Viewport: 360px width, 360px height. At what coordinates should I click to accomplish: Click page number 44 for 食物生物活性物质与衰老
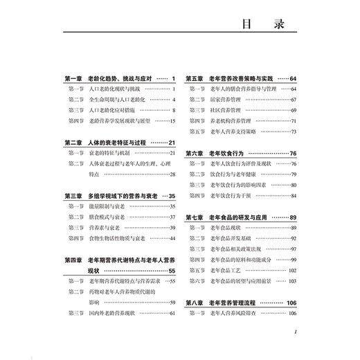click(x=172, y=238)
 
